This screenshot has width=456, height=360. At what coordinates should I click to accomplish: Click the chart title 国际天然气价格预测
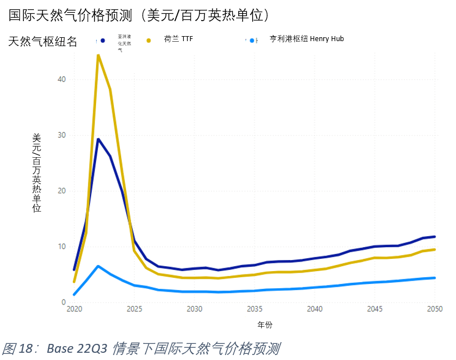[x=139, y=15]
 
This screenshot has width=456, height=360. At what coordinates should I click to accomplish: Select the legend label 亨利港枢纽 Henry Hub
[x=307, y=39]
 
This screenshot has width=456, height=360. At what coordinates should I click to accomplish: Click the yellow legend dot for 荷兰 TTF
[x=149, y=41]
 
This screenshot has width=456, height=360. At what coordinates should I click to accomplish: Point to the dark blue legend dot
[x=103, y=41]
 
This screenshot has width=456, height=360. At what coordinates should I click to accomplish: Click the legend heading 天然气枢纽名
[x=42, y=41]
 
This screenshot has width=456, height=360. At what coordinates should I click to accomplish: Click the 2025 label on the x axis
[x=134, y=309]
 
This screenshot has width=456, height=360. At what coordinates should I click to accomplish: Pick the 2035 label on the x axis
[x=254, y=309]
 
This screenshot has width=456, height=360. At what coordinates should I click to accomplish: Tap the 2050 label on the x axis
[x=435, y=309]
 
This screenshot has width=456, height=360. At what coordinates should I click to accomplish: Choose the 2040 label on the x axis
[x=314, y=309]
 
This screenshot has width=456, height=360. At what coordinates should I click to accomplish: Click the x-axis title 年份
[x=265, y=324]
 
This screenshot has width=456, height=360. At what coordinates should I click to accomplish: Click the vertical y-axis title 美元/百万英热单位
[x=37, y=172]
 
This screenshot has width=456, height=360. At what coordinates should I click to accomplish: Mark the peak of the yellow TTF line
[x=98, y=55]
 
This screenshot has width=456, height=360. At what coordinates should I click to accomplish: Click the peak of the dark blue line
[x=98, y=139]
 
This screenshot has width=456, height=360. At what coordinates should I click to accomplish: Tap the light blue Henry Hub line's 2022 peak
[x=98, y=266]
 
